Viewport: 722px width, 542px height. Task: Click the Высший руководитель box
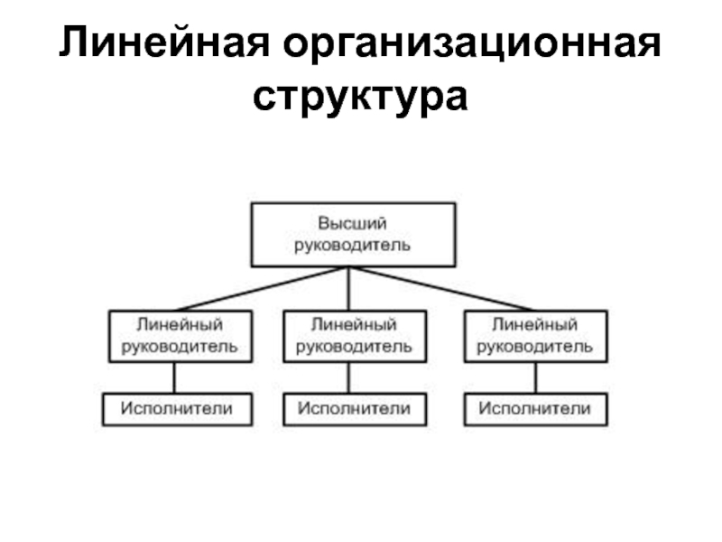point(353,234)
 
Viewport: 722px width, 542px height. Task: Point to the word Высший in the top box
point(353,222)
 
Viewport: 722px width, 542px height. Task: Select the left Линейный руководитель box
point(180,335)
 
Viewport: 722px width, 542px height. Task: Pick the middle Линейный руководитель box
point(354,335)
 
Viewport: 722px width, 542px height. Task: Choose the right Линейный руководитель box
point(534,335)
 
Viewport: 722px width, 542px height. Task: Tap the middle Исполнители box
point(354,409)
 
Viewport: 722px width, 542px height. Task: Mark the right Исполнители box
point(534,409)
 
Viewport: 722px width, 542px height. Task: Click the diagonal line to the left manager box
point(262,290)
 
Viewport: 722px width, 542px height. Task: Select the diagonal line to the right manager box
point(442,290)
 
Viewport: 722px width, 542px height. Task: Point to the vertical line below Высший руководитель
point(349,289)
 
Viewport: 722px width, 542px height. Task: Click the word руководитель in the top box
point(353,245)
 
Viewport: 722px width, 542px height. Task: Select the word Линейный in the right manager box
point(534,324)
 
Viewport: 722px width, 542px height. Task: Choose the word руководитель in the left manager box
point(180,346)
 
